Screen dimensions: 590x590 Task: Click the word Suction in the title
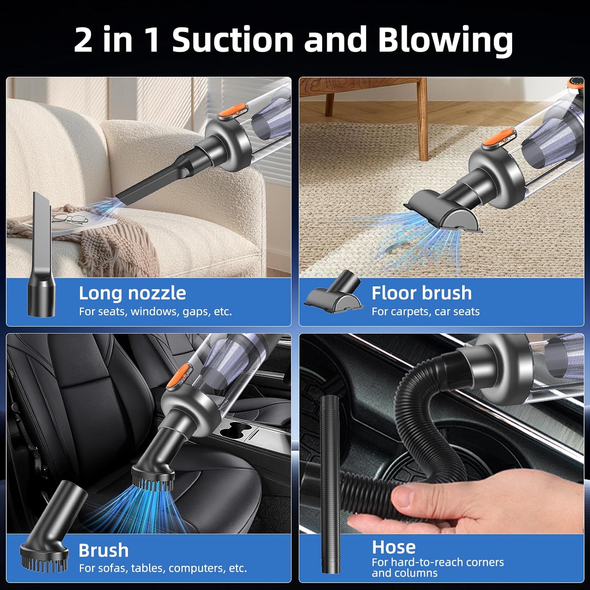[x=232, y=40]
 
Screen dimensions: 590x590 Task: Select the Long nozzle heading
[x=132, y=293]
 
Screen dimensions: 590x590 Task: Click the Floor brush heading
[x=421, y=293]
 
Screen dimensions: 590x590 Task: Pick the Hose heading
[x=393, y=547]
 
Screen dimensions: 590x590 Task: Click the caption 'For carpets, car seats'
[x=425, y=312]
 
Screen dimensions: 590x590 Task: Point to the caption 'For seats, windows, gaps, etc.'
[x=155, y=312]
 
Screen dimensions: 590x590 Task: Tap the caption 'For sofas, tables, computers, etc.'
[x=162, y=568]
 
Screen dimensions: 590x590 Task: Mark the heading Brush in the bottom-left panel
[x=103, y=550]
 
